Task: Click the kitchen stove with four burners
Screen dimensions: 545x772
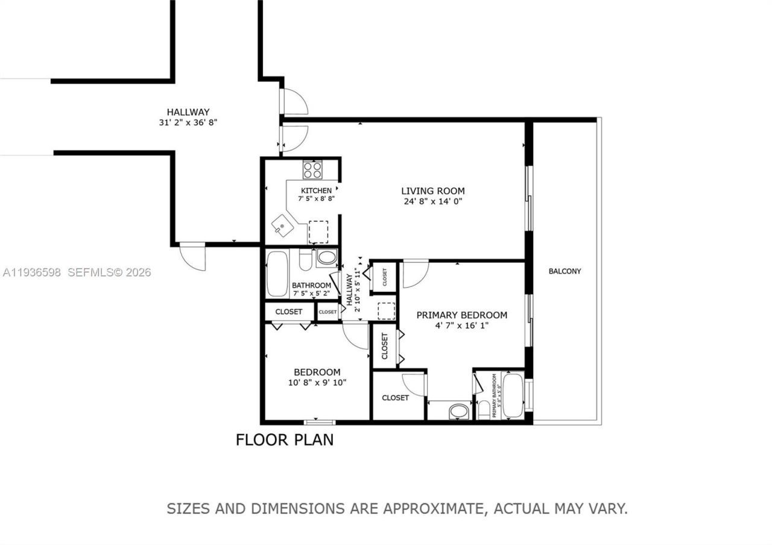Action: coord(312,169)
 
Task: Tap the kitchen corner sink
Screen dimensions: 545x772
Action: coord(282,227)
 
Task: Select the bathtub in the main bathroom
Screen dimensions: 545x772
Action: coord(277,274)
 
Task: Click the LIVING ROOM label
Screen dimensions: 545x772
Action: coord(433,191)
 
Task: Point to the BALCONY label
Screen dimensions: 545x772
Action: coord(565,271)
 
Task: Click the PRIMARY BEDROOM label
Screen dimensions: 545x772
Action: coord(461,315)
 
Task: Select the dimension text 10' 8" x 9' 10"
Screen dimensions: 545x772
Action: coord(317,382)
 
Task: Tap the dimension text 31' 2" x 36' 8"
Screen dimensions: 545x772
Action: coord(188,122)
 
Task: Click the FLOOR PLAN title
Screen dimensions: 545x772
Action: coord(284,439)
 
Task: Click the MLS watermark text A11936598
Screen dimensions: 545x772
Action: coord(32,272)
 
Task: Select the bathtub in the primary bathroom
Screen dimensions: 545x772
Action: coord(513,395)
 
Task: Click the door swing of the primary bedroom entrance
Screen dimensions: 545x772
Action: coord(415,273)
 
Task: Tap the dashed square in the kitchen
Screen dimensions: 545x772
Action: coord(318,232)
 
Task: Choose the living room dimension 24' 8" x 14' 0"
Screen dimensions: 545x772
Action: coord(433,201)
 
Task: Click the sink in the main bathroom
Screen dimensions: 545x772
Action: coord(327,258)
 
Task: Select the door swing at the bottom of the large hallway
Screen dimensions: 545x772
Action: coord(193,256)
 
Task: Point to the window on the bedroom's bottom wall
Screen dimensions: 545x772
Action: coord(319,421)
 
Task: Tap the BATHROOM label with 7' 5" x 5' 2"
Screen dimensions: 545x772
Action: coord(311,285)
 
